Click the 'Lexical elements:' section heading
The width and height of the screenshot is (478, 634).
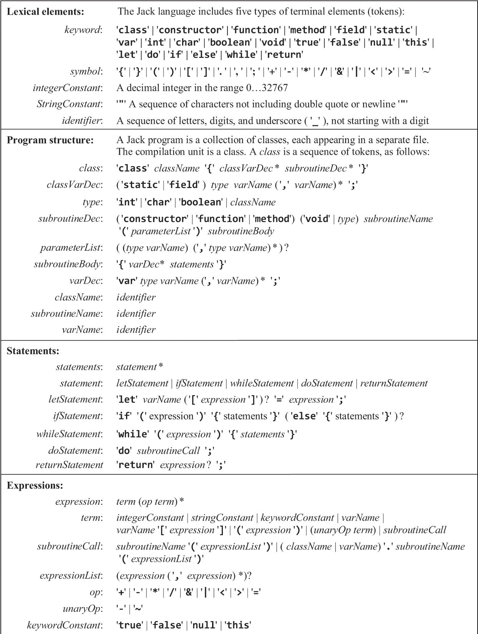tap(45, 12)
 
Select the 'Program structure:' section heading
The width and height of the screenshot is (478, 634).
tap(50, 140)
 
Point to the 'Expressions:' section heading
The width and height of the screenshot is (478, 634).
tap(35, 485)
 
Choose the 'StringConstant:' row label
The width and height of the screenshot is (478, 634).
tap(70, 104)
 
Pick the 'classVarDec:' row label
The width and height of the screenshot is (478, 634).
tap(75, 185)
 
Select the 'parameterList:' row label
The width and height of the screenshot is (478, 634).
tap(71, 248)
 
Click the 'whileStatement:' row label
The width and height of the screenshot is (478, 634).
tap(70, 434)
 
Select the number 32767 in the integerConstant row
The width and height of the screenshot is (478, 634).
tap(274, 88)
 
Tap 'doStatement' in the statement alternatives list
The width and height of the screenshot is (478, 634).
tap(327, 383)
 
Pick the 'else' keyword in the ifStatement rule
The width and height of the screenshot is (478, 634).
tap(304, 416)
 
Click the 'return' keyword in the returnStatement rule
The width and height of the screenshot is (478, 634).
tap(136, 465)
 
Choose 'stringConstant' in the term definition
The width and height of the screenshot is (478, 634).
tap(222, 518)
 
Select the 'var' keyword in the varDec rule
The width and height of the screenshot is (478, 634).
tap(127, 281)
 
